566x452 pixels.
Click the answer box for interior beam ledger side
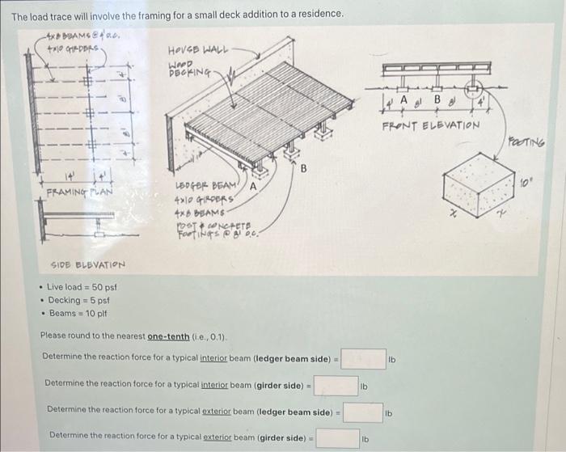(x=363, y=359)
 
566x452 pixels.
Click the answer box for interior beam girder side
(x=336, y=386)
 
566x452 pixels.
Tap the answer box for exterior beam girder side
(x=338, y=438)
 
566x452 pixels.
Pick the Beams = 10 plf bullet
(x=78, y=313)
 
